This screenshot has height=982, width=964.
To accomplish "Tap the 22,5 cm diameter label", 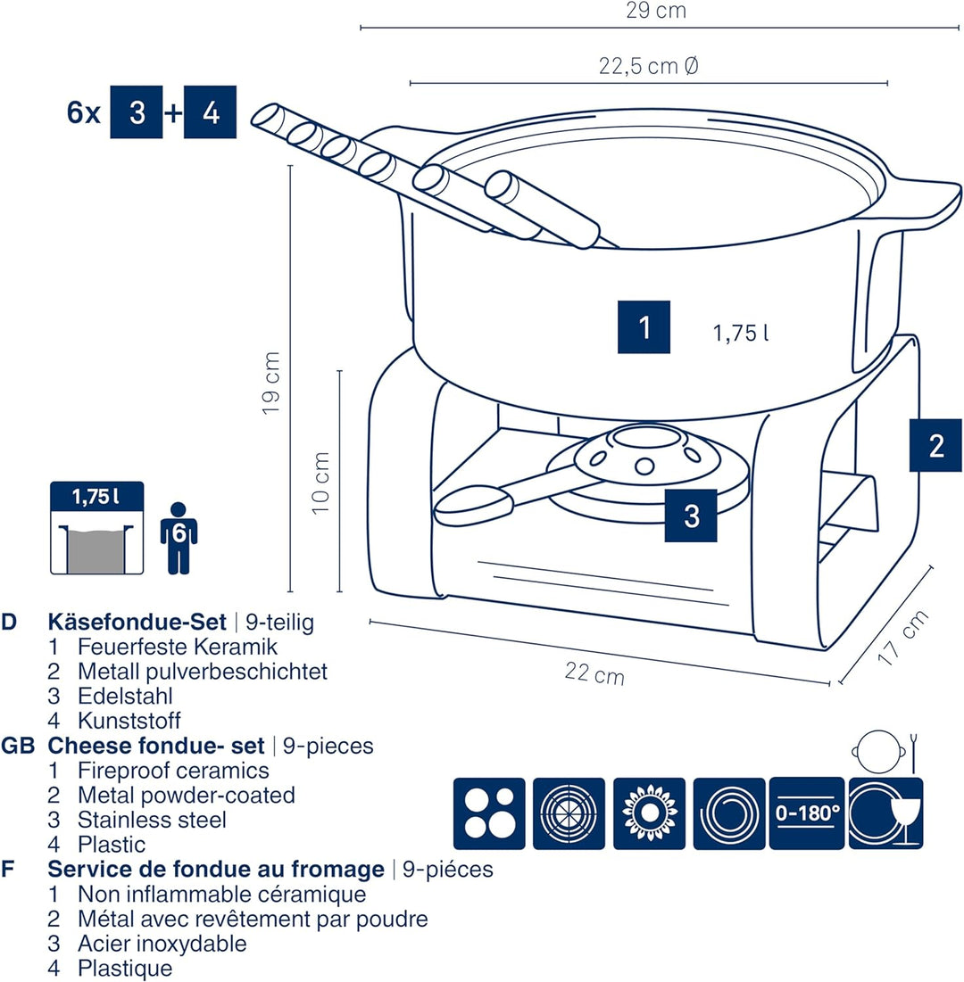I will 649,67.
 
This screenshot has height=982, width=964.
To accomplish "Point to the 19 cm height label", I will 271,382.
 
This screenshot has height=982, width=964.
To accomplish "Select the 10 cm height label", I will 321,482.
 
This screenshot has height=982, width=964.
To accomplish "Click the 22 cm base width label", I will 594,673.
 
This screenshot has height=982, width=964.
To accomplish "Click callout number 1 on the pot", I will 644,327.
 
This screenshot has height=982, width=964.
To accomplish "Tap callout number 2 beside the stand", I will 935,445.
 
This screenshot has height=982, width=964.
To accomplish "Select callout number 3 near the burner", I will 691,516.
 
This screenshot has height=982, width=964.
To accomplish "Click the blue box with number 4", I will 210,113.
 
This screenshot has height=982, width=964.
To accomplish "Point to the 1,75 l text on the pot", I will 741,334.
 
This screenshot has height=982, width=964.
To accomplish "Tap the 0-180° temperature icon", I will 807,813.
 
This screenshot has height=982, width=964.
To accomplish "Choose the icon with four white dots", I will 489,813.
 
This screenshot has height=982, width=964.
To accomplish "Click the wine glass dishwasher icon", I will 885,812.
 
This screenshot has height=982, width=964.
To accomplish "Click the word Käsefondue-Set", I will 137,622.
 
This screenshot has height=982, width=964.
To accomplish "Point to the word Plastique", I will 125,968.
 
